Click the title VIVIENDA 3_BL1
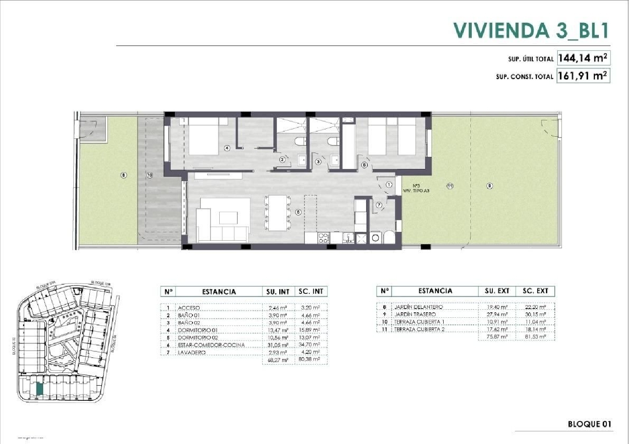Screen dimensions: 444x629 [x=530, y=30]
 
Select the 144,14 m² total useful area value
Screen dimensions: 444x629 [x=582, y=58]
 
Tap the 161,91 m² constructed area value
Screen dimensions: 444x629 [x=582, y=76]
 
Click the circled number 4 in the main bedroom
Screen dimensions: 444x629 [x=227, y=148]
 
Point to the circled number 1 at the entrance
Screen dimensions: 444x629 [x=389, y=184]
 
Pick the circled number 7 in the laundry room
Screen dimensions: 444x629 [x=379, y=205]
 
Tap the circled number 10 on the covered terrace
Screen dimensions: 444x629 [x=150, y=175]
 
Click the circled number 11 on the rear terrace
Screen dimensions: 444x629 [x=450, y=186]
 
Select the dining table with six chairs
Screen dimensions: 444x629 [x=278, y=213]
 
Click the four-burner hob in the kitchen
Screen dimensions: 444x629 [x=324, y=238]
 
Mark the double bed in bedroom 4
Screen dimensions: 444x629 [x=203, y=137]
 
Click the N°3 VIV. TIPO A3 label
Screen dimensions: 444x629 [x=416, y=188]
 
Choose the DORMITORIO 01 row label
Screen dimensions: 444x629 [x=198, y=330]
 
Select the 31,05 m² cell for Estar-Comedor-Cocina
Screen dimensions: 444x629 [x=278, y=345]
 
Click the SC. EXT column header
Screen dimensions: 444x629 [x=535, y=291]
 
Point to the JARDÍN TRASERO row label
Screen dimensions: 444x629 [x=415, y=314]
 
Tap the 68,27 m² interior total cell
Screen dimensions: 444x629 [x=278, y=360]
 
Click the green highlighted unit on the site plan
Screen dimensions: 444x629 [x=39, y=389]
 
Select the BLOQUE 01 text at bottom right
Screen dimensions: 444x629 [x=589, y=424]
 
